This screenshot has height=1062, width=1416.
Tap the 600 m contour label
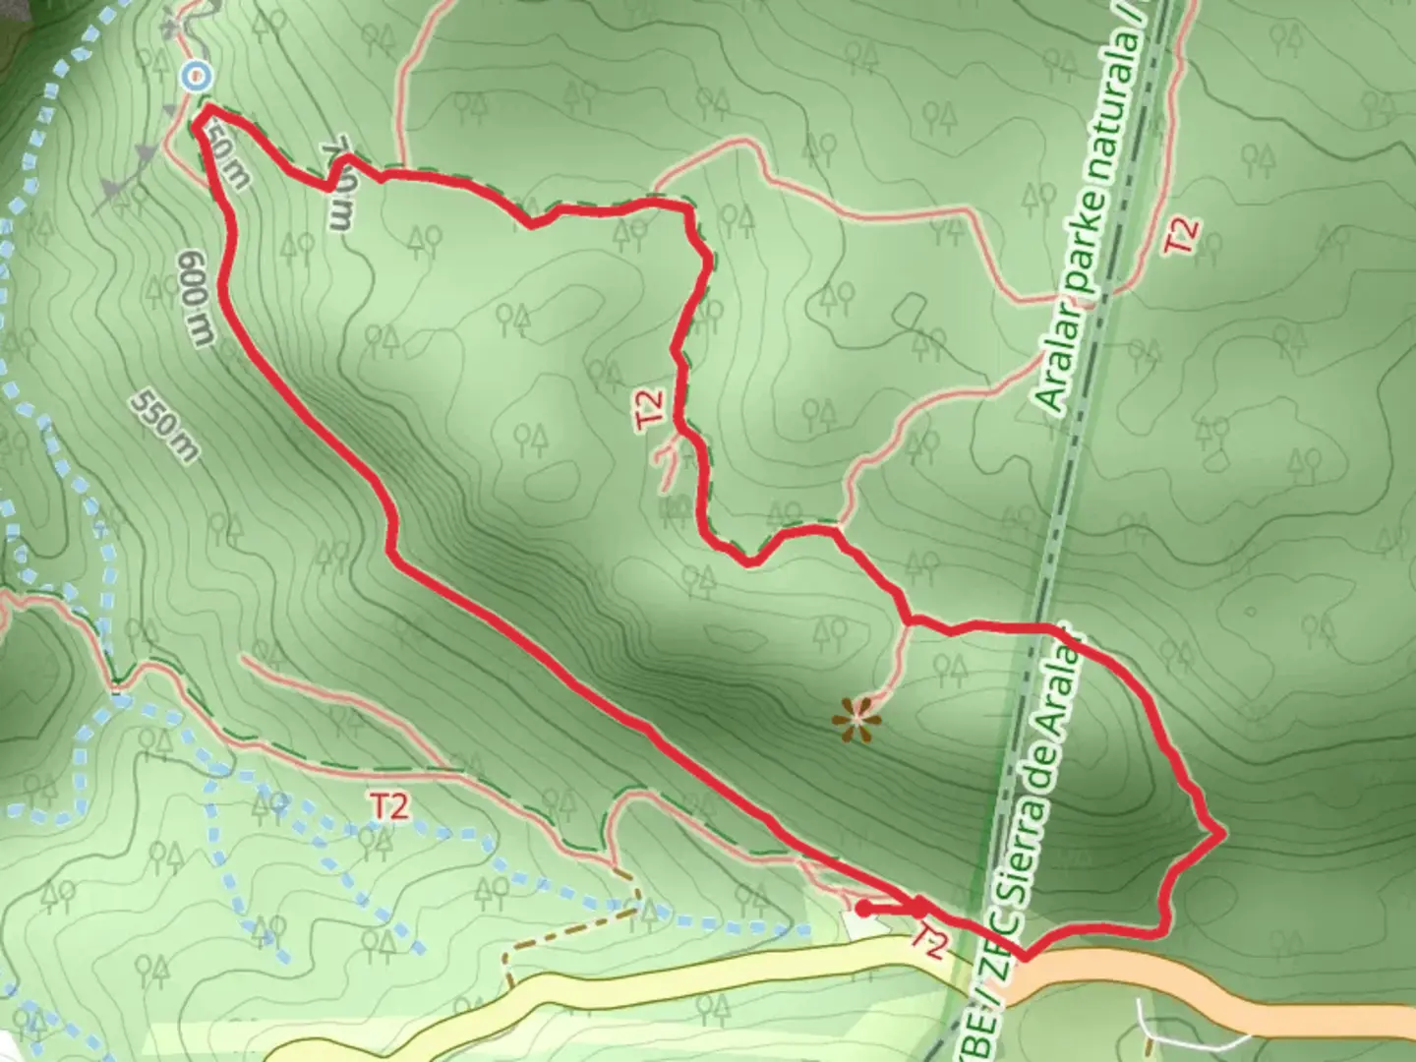(197, 298)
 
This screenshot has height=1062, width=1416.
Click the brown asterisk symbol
(857, 720)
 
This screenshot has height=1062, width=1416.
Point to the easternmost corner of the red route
(1223, 833)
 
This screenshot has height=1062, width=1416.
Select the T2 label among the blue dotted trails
(389, 806)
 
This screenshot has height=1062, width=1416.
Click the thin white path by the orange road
(1146, 1023)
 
